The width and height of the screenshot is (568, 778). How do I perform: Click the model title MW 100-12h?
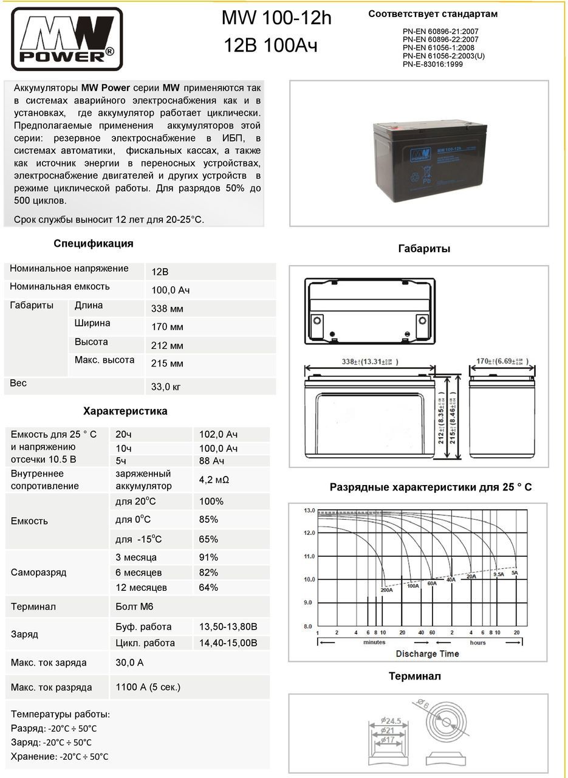click(x=276, y=19)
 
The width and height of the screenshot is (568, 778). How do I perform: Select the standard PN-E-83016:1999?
click(x=433, y=64)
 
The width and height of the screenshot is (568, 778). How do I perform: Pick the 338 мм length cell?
click(x=167, y=309)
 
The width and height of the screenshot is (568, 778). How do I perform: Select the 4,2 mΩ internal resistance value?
click(x=214, y=480)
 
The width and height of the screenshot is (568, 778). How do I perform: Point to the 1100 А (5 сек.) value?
click(x=148, y=687)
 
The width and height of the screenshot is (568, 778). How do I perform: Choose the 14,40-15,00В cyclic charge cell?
click(x=228, y=643)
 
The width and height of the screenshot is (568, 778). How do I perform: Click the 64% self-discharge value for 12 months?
click(x=208, y=588)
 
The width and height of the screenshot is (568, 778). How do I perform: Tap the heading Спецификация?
click(x=93, y=244)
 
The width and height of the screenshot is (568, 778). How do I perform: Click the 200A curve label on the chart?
click(x=386, y=590)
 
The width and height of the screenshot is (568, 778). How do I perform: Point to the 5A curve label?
click(x=515, y=573)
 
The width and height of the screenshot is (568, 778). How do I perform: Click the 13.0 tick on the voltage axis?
click(x=309, y=511)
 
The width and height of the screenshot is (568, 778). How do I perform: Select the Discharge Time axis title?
click(x=427, y=654)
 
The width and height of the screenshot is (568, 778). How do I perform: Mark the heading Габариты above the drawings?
click(x=424, y=249)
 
